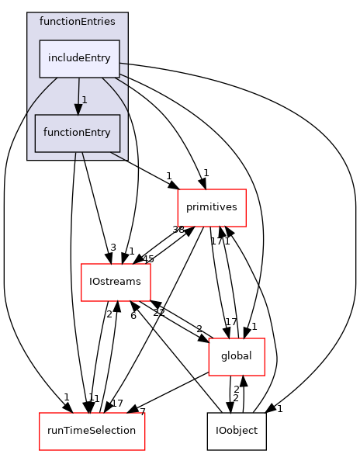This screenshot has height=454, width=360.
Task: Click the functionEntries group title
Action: click(x=77, y=21)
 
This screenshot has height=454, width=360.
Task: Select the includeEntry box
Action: click(x=79, y=59)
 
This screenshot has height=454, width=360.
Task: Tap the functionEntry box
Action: click(x=77, y=133)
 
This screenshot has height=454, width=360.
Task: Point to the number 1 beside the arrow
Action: click(x=85, y=100)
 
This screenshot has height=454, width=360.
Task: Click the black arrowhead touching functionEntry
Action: click(x=78, y=109)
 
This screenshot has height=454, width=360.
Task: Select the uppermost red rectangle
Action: click(x=211, y=208)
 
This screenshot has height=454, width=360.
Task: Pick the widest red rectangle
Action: click(x=92, y=431)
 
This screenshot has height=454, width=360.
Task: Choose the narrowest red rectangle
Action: click(x=236, y=357)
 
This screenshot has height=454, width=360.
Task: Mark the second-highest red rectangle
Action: click(x=116, y=282)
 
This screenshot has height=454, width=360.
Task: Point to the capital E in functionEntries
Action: click(x=84, y=21)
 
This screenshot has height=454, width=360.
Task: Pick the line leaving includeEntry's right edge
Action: click(x=123, y=64)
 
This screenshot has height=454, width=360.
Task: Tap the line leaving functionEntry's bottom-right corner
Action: click(x=116, y=155)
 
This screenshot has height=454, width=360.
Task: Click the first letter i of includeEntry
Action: click(x=48, y=59)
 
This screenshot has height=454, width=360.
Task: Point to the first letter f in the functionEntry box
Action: click(x=45, y=133)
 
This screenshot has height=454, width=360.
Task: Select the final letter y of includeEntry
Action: click(x=109, y=60)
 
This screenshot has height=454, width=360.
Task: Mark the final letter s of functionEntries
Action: click(x=112, y=21)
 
